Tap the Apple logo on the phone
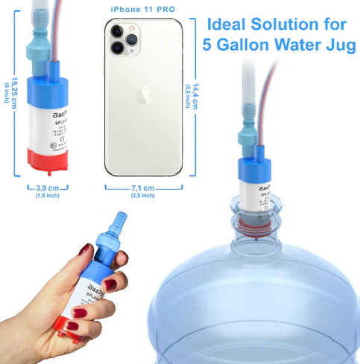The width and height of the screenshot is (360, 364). coord(144,95)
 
